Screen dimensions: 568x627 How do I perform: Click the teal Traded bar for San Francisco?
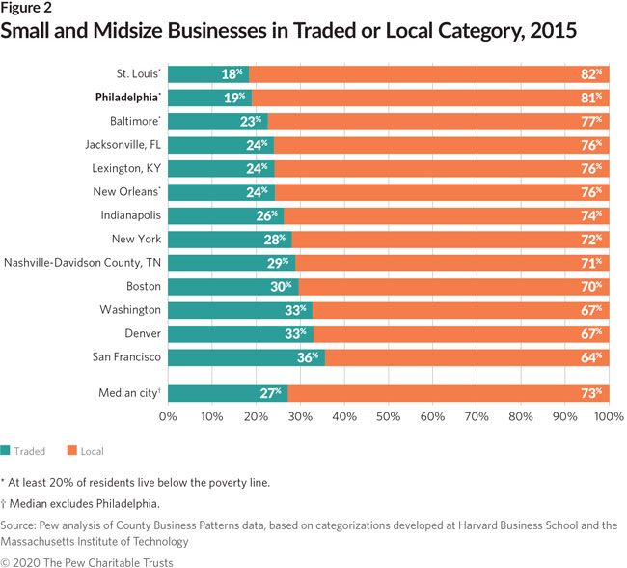pos(246,357)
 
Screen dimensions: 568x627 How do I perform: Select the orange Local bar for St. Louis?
pos(424,73)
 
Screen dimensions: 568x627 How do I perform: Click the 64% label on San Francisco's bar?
pos(591,357)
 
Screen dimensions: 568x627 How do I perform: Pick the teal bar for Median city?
pos(227,392)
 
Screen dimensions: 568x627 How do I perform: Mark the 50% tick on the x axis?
pos(389,416)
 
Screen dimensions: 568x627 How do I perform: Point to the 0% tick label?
pos(167,416)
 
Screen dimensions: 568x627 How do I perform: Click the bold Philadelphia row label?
pos(127,98)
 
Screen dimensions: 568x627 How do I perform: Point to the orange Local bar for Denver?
pos(461,333)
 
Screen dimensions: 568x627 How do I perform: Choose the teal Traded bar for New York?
pos(230,240)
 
